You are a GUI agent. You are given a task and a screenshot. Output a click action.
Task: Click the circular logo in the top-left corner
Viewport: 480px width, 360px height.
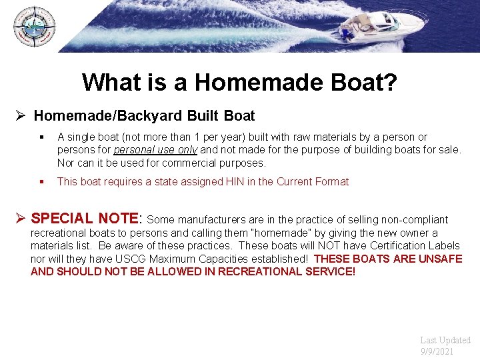click(34, 27)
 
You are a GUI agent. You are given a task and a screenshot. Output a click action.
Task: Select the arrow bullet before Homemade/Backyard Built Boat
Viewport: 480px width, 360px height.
click(21, 116)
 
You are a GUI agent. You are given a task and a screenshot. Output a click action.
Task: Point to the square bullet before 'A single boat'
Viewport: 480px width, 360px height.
click(41, 137)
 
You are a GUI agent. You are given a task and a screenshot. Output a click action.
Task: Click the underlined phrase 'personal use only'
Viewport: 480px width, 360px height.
click(155, 150)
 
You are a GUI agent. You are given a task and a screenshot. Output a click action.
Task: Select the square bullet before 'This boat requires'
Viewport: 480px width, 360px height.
click(41, 181)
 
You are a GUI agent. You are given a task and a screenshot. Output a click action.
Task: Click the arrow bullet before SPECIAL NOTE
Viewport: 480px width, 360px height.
click(21, 219)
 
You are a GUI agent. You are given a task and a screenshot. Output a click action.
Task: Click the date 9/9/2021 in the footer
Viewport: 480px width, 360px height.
click(437, 351)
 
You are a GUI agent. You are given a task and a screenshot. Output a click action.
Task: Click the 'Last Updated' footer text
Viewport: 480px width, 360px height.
click(445, 340)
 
